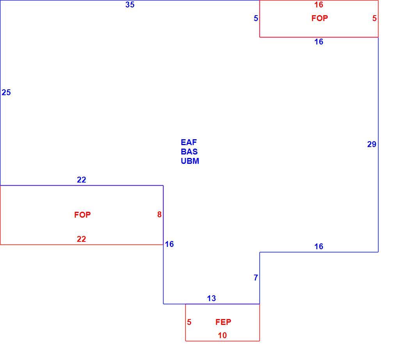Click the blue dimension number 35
(130, 5)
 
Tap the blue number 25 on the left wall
(6, 92)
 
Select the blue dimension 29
(371, 144)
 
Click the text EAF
(188, 142)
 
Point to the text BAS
(189, 152)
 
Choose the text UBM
(190, 161)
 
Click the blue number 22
(82, 180)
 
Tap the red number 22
(82, 239)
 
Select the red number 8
(159, 215)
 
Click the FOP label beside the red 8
(82, 215)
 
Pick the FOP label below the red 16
(320, 18)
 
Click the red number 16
(319, 5)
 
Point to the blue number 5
(256, 18)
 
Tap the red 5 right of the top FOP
(375, 18)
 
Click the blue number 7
(256, 278)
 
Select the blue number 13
(211, 298)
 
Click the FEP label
(223, 322)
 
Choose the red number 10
(222, 336)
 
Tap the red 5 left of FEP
(189, 322)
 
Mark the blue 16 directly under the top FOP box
(319, 42)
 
